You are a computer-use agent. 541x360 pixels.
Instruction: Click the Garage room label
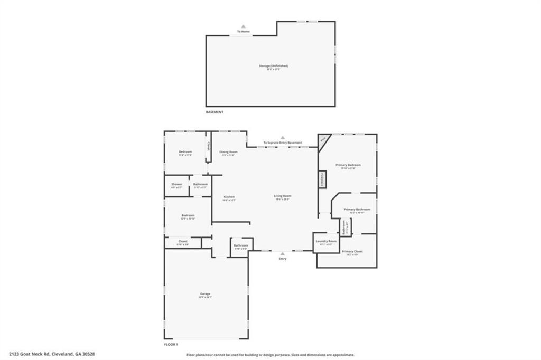(x=205, y=294)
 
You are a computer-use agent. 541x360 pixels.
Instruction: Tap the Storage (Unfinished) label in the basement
(x=273, y=66)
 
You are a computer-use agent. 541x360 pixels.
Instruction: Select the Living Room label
(x=283, y=196)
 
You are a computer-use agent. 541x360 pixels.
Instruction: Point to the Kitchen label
(x=229, y=197)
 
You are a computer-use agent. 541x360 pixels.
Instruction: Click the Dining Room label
(x=229, y=152)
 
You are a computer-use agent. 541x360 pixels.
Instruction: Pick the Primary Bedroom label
(x=348, y=165)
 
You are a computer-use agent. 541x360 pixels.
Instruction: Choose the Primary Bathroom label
(x=357, y=210)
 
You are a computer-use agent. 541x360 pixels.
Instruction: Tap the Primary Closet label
(x=352, y=252)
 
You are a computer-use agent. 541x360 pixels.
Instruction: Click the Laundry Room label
(x=326, y=241)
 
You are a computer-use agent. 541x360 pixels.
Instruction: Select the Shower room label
(x=176, y=184)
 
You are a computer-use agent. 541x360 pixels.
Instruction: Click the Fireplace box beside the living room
(x=322, y=179)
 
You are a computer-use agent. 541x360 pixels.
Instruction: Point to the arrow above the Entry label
(x=283, y=253)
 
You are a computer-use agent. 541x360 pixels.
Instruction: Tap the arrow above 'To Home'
(x=243, y=26)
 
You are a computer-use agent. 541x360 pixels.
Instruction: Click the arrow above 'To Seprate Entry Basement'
(x=283, y=137)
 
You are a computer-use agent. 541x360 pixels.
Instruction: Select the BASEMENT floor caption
(x=214, y=112)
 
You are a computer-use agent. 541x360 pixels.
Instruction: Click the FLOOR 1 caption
(x=171, y=344)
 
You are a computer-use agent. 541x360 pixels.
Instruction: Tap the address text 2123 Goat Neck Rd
(x=51, y=354)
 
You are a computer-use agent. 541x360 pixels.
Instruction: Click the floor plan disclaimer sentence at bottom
(x=270, y=355)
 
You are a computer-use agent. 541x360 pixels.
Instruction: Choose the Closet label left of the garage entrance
(x=183, y=241)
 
